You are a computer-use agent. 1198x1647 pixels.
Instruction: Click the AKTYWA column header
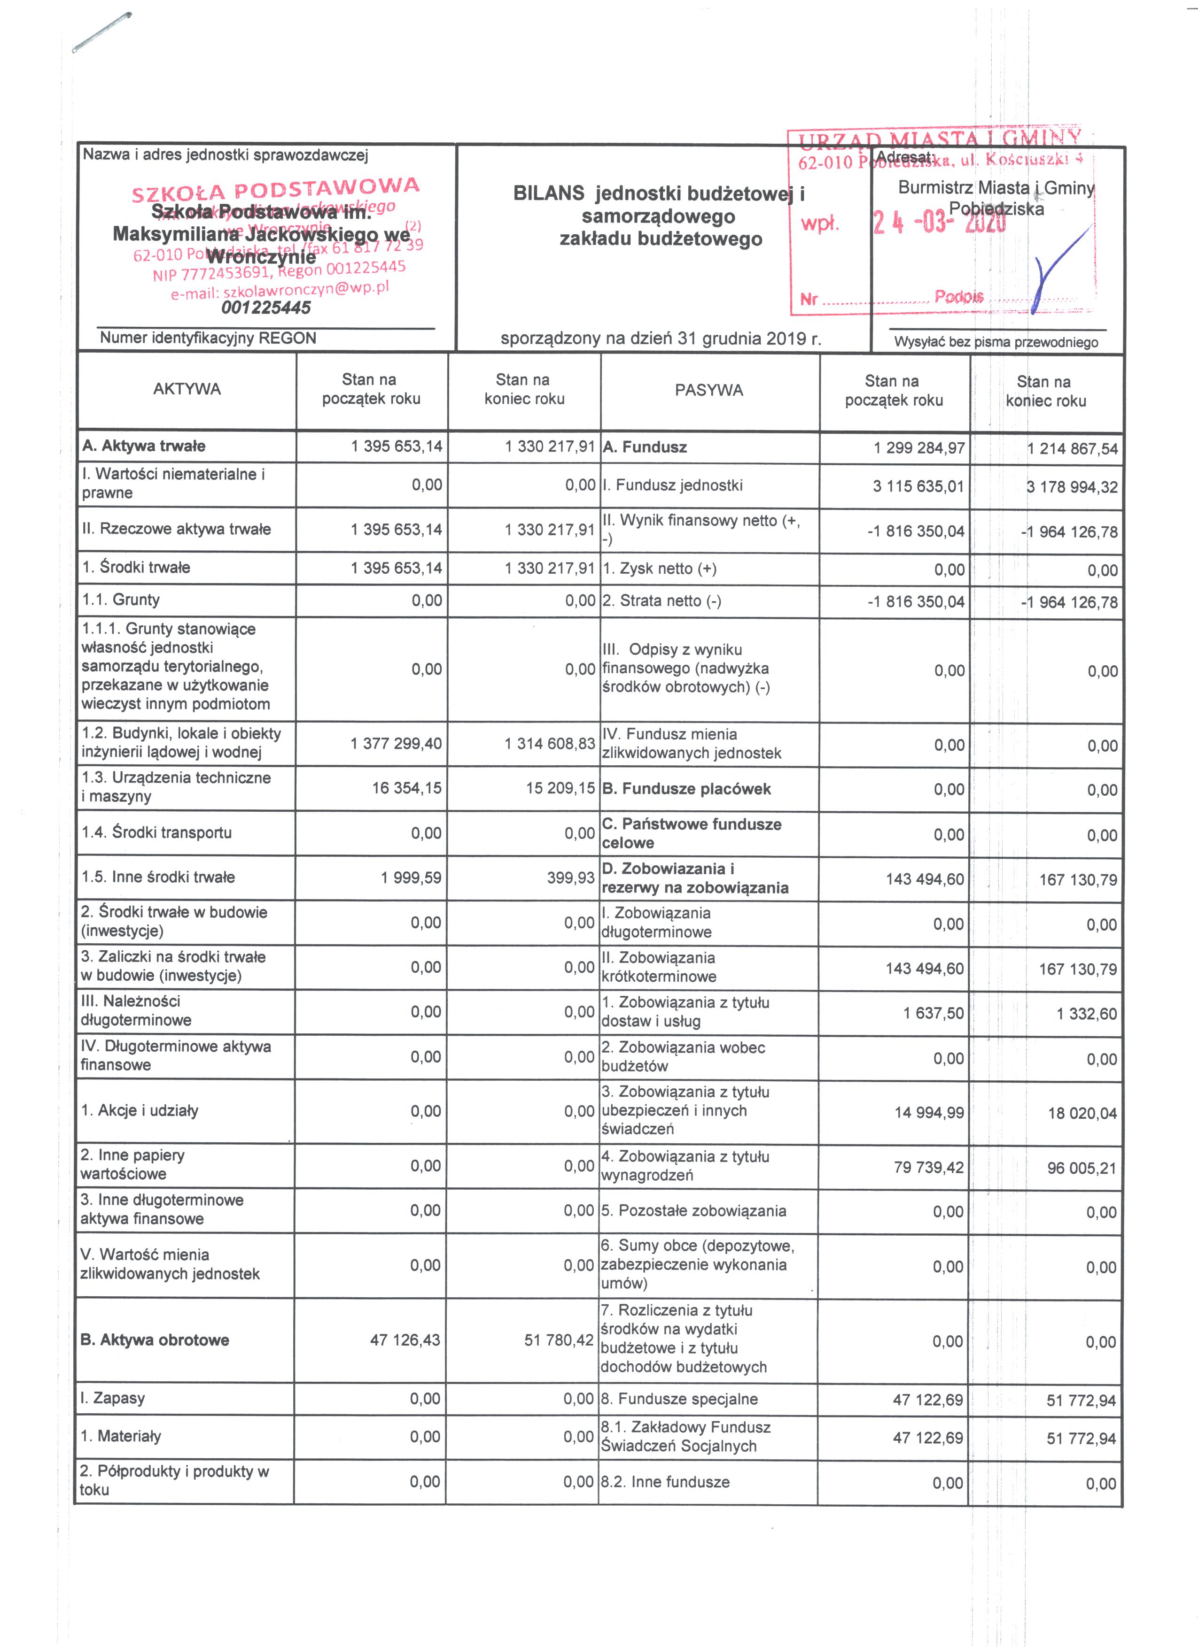[x=187, y=389]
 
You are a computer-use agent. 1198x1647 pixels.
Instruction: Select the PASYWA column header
[x=708, y=391]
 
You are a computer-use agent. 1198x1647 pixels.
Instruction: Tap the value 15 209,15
[x=560, y=788]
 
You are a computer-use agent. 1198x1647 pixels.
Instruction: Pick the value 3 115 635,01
[x=918, y=486]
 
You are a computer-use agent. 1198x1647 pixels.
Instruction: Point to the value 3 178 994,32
[x=1072, y=487]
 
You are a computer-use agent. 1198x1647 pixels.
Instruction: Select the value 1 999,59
[x=411, y=877]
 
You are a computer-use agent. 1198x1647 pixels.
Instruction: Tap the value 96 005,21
[x=1082, y=1169]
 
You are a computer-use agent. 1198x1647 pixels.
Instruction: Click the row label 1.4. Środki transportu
[x=157, y=832]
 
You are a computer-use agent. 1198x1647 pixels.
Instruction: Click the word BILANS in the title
[x=549, y=193]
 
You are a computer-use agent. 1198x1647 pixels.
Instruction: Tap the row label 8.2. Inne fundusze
[x=665, y=1482]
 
